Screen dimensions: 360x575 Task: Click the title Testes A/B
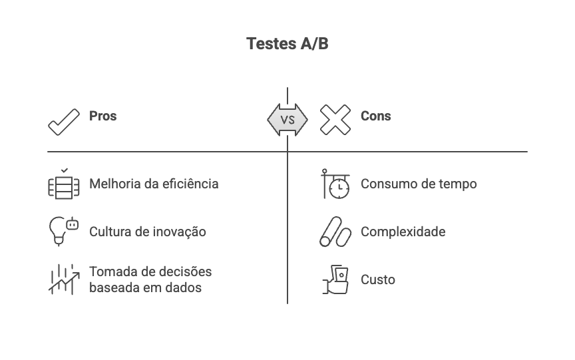click(287, 44)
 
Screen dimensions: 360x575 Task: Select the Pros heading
click(102, 116)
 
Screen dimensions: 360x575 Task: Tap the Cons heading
click(375, 116)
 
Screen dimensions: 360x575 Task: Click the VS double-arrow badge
click(287, 120)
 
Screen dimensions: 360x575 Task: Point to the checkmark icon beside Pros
click(64, 120)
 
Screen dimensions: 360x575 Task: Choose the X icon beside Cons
click(335, 120)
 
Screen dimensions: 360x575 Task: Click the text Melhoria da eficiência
click(153, 184)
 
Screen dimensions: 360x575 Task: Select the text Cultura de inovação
click(147, 232)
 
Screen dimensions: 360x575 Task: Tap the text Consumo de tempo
click(418, 184)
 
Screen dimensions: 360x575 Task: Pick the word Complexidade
click(403, 232)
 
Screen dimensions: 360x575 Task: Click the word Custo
click(377, 279)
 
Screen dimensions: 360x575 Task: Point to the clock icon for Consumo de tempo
click(336, 184)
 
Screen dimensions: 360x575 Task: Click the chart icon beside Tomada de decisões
click(64, 279)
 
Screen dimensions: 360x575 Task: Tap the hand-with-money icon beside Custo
click(335, 279)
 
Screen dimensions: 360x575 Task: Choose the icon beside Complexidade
click(335, 232)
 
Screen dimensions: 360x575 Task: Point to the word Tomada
click(110, 271)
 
